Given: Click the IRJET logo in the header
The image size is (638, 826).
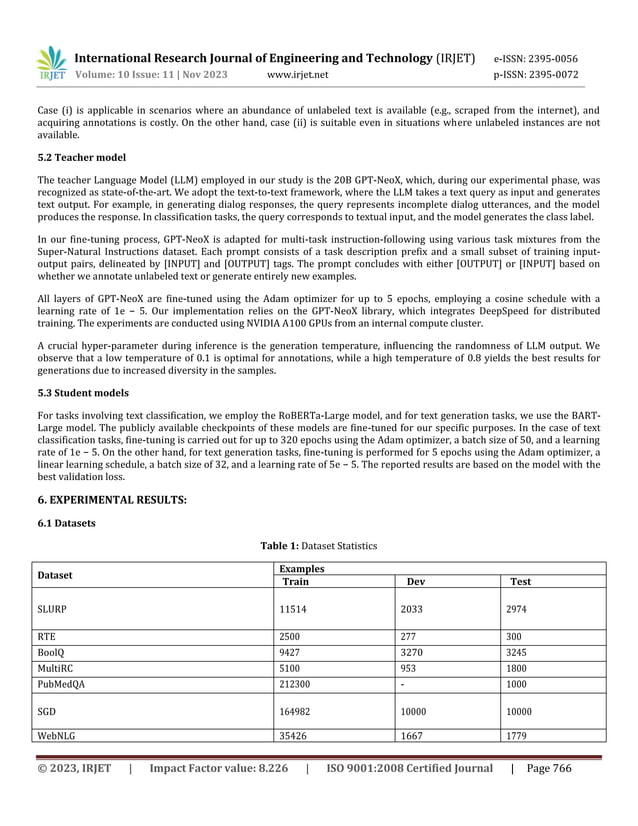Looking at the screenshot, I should [52, 64].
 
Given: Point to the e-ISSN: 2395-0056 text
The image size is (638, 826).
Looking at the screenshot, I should [537, 59].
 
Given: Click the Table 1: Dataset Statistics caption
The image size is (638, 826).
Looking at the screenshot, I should [318, 545].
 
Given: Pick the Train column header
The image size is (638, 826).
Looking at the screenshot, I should [295, 581].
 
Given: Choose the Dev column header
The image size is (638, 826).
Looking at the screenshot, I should [415, 581].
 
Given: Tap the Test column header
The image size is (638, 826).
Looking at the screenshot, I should [520, 581].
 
